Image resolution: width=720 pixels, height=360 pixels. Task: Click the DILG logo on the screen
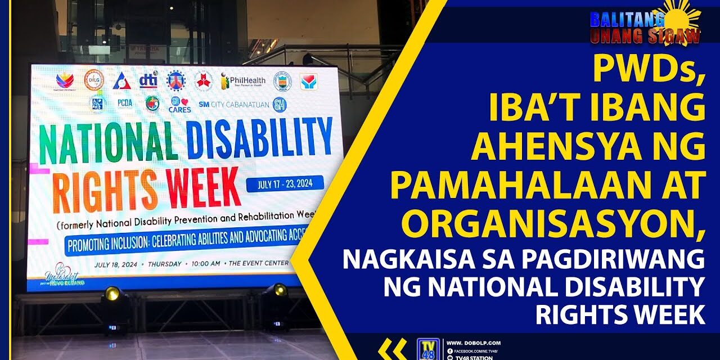(x=94, y=80)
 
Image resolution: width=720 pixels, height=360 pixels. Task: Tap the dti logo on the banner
(x=148, y=80)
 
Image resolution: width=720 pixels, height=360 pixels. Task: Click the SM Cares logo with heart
(x=179, y=104)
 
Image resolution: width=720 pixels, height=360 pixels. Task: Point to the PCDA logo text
(x=125, y=103)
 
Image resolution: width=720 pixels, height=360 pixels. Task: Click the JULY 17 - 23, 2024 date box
(x=285, y=183)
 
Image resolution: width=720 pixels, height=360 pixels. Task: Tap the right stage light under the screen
(x=278, y=291)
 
